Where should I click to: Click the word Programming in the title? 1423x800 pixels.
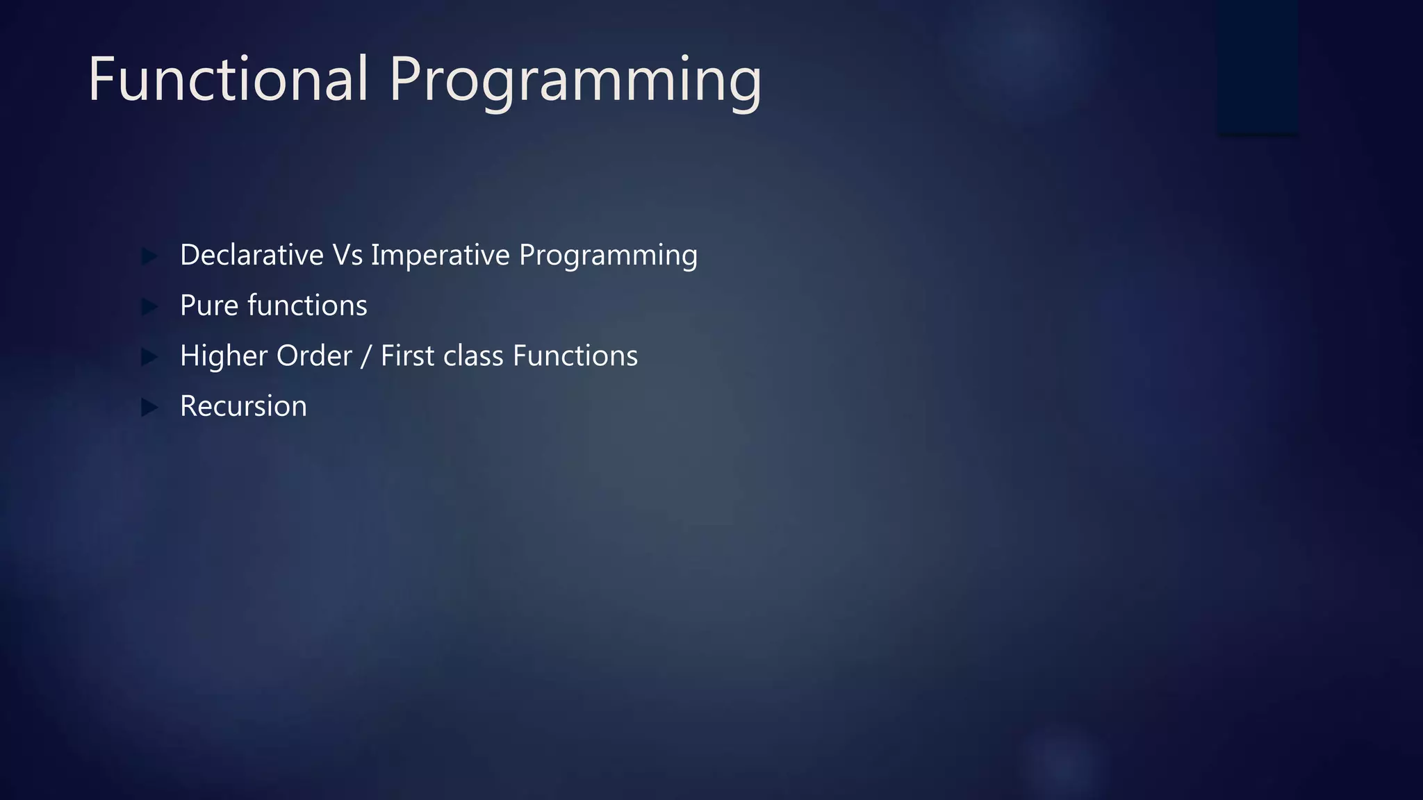click(x=575, y=82)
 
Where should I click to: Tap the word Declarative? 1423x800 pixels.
click(x=252, y=255)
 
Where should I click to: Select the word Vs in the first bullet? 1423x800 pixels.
click(x=347, y=255)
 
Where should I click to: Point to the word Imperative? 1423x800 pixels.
click(x=441, y=256)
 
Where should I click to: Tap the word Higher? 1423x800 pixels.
click(x=223, y=356)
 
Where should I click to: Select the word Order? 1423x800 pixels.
click(x=314, y=356)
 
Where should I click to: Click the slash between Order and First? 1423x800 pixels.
click(x=366, y=356)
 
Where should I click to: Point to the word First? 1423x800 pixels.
click(x=407, y=356)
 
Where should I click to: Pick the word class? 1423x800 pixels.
click(x=473, y=356)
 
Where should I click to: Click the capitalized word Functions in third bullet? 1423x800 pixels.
click(x=575, y=356)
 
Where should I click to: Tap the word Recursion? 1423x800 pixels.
click(x=243, y=406)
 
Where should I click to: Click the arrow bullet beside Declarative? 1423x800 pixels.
click(x=149, y=256)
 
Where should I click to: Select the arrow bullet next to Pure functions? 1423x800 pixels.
click(x=149, y=306)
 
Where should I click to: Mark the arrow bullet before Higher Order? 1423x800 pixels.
click(x=149, y=357)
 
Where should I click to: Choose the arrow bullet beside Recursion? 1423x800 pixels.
click(x=149, y=407)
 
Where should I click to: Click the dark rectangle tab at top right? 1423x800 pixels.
click(x=1258, y=66)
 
